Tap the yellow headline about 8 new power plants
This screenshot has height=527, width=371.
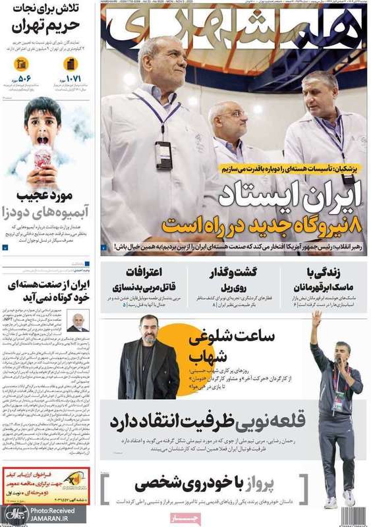coord(264,224)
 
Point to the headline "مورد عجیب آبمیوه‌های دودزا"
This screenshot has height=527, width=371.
coord(46,204)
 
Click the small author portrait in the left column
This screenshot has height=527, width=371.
coord(78,321)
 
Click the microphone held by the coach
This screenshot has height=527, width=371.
coord(337,362)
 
